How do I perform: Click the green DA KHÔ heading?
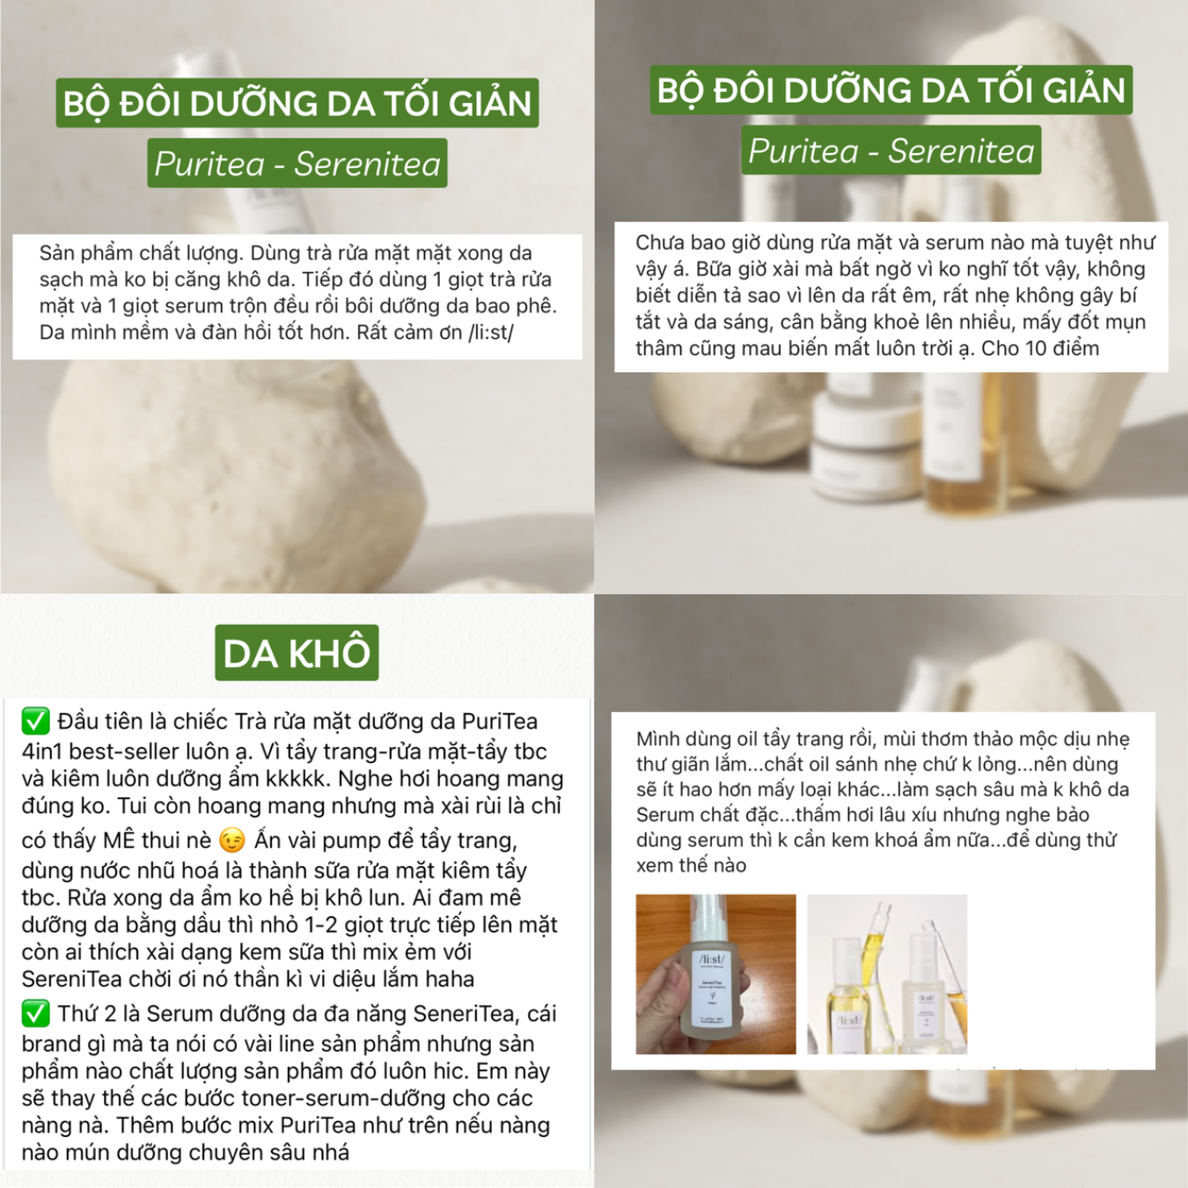[x=297, y=653]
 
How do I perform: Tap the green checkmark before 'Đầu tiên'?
[x=36, y=722]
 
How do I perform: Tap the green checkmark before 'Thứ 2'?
[x=36, y=1014]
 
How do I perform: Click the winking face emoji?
[x=231, y=840]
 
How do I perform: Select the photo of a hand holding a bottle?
[x=715, y=974]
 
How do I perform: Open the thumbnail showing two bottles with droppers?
[x=887, y=974]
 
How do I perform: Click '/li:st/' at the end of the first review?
[x=491, y=333]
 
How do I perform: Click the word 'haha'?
[x=454, y=979]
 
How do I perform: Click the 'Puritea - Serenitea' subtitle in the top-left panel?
[x=297, y=164]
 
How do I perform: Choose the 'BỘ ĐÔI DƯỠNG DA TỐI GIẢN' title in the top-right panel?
[x=891, y=90]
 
